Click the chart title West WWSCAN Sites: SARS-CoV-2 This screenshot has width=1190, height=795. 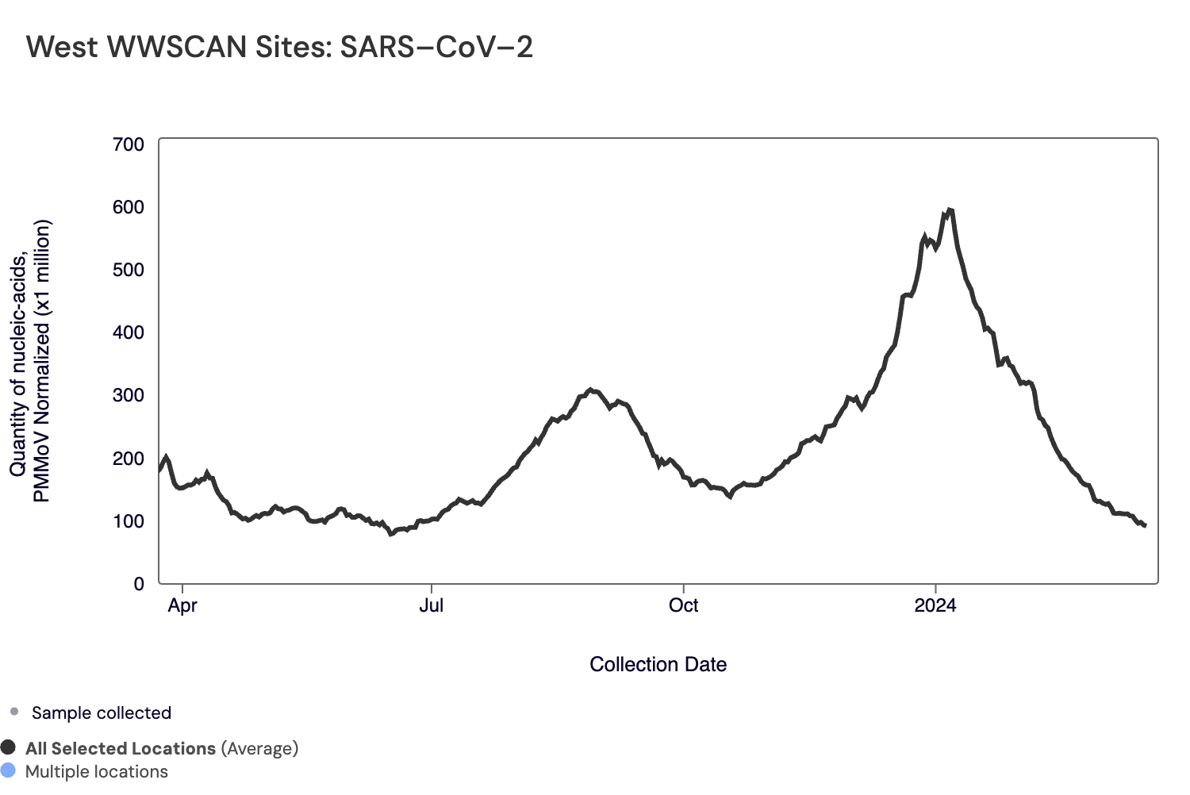pyautogui.click(x=279, y=48)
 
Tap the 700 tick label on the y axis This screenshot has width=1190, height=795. pyautogui.click(x=129, y=144)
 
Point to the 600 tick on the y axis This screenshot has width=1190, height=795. pyautogui.click(x=129, y=207)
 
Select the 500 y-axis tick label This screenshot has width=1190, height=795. pyautogui.click(x=129, y=270)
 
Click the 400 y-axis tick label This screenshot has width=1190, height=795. pyautogui.click(x=129, y=332)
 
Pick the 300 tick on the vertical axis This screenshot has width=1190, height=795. pyautogui.click(x=129, y=395)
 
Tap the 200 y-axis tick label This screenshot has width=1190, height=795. pyautogui.click(x=129, y=459)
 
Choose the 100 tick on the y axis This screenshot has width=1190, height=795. pyautogui.click(x=129, y=521)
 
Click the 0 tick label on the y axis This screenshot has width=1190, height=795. pyautogui.click(x=139, y=584)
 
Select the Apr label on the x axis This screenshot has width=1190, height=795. pyautogui.click(x=182, y=606)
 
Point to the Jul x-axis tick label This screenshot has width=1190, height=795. pyautogui.click(x=432, y=606)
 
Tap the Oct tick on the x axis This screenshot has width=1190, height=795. pyautogui.click(x=683, y=606)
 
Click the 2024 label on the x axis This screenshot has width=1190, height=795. pyautogui.click(x=935, y=606)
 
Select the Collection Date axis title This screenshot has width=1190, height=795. pyautogui.click(x=658, y=665)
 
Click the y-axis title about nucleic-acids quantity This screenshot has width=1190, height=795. pyautogui.click(x=30, y=361)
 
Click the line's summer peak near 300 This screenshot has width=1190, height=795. pyautogui.click(x=589, y=390)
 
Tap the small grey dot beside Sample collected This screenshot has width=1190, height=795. pyautogui.click(x=14, y=712)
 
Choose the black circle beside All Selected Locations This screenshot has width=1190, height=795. pyautogui.click(x=9, y=747)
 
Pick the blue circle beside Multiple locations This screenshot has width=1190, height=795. pyautogui.click(x=9, y=770)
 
